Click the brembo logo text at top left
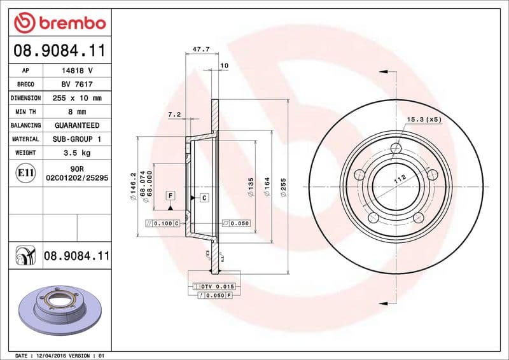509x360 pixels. pyautogui.click(x=69, y=23)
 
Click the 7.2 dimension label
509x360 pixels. pyautogui.click(x=174, y=114)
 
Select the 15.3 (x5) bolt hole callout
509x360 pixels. pyautogui.click(x=424, y=119)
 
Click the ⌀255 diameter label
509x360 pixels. pyautogui.click(x=283, y=187)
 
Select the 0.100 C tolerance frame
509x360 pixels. pyautogui.click(x=163, y=224)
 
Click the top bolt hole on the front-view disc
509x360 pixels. pyautogui.click(x=397, y=149)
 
